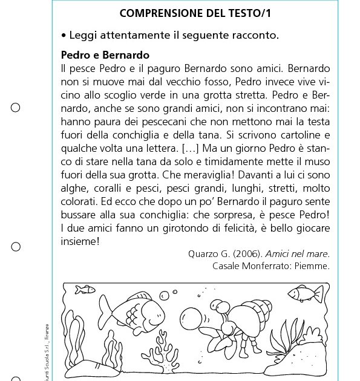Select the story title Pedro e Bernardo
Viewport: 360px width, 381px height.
click(105, 56)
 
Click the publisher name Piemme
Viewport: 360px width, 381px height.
click(313, 265)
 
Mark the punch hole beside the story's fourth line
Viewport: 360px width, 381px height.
click(16, 108)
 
